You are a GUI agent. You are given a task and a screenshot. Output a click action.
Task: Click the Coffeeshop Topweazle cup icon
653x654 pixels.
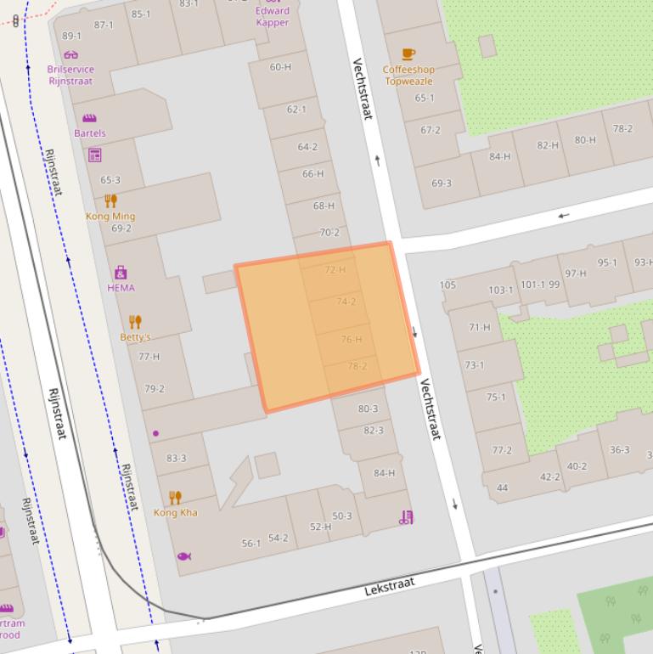(408, 54)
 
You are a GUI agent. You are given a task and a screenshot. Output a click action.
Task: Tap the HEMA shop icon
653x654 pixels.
(121, 273)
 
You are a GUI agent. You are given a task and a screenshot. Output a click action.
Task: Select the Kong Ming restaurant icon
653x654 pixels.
(110, 200)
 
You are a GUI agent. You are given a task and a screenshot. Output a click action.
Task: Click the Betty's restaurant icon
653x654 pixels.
(135, 322)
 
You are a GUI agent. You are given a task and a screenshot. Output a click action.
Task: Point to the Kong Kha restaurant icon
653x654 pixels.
(175, 497)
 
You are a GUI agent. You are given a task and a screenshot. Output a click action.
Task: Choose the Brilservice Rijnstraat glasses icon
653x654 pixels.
(70, 54)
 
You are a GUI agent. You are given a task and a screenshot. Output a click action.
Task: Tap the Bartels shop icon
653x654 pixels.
(89, 118)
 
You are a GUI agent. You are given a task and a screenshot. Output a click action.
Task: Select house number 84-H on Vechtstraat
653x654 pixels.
(385, 473)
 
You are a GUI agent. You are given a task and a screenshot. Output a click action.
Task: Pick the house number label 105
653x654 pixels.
(448, 285)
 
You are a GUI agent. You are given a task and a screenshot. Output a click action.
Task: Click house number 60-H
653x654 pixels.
(280, 67)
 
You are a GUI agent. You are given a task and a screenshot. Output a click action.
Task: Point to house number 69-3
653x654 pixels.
(442, 183)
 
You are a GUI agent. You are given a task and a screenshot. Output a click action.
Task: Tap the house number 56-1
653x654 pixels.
(251, 544)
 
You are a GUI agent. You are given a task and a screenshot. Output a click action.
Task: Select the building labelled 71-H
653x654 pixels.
(479, 327)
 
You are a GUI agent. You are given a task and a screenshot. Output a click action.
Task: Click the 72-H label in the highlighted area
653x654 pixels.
(335, 270)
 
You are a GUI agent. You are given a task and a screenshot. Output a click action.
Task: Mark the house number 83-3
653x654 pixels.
(177, 459)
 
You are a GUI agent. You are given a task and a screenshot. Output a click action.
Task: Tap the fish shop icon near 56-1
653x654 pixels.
(183, 556)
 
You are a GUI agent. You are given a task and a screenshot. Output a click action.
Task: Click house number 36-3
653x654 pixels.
(619, 450)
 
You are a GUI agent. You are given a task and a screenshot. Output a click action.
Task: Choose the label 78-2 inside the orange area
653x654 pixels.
(357, 366)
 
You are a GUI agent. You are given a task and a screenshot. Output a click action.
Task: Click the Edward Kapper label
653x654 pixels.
(272, 17)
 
